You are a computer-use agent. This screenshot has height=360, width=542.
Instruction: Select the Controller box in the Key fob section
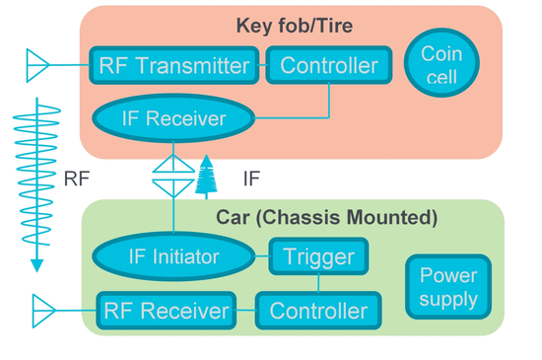329,66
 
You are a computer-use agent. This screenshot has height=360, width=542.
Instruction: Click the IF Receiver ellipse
173,119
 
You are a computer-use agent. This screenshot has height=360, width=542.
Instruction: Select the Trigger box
318,258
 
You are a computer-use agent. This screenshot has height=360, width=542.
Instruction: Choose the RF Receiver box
166,312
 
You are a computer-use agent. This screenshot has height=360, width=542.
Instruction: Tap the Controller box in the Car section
318,312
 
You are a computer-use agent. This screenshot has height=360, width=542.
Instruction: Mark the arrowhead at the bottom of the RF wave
36,264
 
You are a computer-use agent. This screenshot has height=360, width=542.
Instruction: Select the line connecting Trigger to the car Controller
318,284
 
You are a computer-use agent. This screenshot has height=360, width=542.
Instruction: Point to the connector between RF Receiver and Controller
246,312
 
